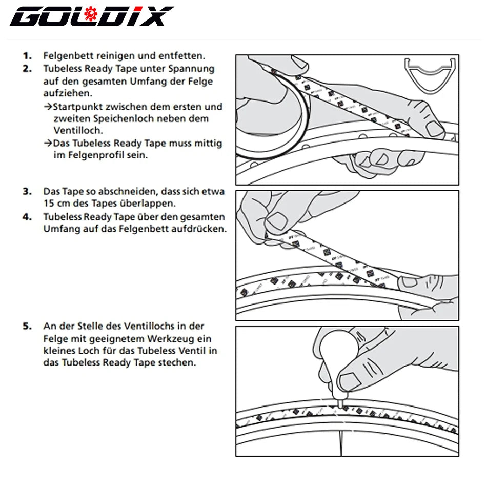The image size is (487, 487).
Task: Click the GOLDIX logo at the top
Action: tap(91, 17)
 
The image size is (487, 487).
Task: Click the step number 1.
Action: tap(27, 56)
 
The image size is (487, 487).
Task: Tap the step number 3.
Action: tap(27, 192)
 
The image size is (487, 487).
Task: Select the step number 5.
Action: tap(27, 327)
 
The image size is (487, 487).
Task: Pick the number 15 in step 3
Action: tap(49, 203)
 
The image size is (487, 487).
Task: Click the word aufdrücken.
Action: tap(200, 229)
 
